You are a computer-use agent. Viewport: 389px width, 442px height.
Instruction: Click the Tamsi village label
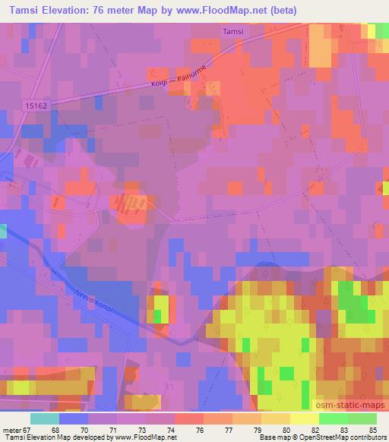pos(232,31)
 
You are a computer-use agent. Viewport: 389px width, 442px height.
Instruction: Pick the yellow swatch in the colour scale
pos(303,419)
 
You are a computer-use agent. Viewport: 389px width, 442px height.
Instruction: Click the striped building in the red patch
pos(133,201)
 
